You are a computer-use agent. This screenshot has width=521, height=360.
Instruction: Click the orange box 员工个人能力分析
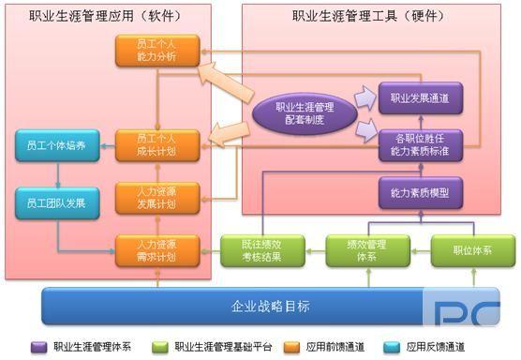click(157, 51)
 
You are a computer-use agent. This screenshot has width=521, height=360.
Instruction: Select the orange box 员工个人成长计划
click(157, 145)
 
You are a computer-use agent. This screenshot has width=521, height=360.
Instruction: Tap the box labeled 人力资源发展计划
click(157, 198)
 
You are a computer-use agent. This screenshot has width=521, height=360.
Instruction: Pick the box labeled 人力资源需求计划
click(157, 250)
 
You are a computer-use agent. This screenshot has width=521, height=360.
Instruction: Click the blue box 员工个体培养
click(57, 145)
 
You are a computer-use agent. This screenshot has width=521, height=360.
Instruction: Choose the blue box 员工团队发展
click(57, 203)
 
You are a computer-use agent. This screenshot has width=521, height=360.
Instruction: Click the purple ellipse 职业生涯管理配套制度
click(305, 113)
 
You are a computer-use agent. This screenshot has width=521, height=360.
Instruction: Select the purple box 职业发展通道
click(421, 98)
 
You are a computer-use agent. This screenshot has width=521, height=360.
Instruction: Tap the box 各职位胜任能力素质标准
click(421, 145)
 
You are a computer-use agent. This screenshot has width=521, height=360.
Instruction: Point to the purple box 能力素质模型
click(421, 193)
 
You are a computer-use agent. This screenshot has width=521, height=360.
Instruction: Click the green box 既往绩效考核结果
click(262, 250)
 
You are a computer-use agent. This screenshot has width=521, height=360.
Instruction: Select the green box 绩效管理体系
click(368, 250)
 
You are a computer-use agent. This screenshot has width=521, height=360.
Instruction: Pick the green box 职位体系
click(473, 250)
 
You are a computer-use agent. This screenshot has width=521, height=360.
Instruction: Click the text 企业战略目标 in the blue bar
click(271, 307)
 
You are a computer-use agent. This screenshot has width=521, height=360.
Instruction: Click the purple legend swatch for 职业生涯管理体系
click(38, 347)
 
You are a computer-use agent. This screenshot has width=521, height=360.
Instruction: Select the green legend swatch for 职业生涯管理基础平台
click(160, 347)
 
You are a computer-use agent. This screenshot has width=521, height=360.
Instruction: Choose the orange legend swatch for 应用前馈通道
click(291, 347)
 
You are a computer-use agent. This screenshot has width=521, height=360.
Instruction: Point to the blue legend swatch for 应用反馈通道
click(392, 347)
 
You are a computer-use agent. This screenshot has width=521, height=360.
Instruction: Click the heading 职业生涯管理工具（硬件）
click(368, 16)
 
